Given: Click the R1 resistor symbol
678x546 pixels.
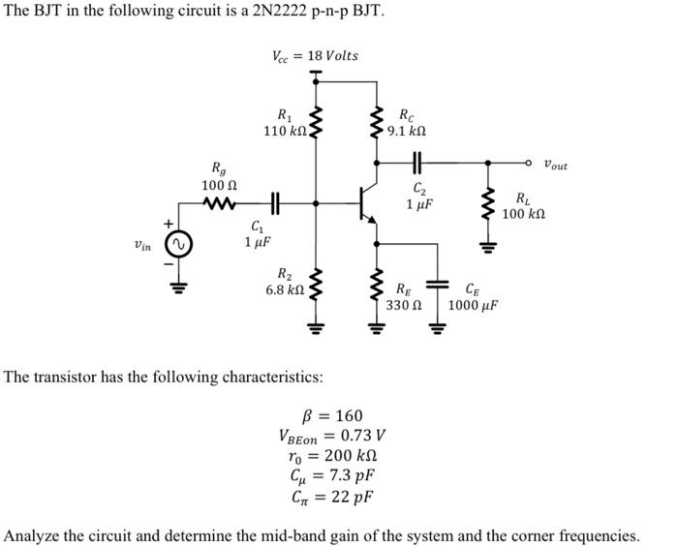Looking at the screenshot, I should [x=316, y=122].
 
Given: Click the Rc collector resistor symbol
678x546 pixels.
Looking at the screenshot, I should [x=377, y=122].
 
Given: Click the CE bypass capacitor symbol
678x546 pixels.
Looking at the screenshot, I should [x=438, y=284].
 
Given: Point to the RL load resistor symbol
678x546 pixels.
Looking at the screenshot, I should [x=487, y=204].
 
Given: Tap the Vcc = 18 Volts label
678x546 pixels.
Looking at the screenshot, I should [x=315, y=55].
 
